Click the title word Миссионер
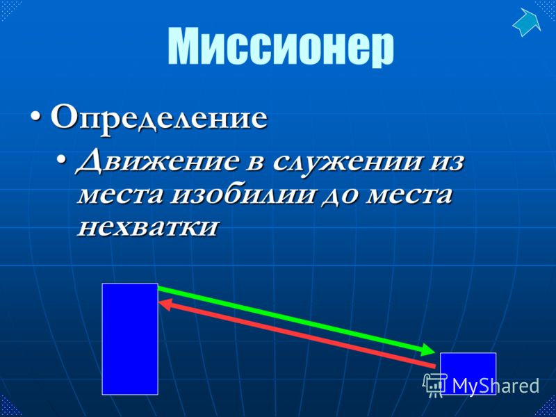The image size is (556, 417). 281,47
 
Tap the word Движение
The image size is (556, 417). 156,163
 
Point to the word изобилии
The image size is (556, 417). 243,195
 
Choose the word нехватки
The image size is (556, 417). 147,227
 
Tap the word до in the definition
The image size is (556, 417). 339,196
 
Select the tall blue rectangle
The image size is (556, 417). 130,338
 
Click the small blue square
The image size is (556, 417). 468,373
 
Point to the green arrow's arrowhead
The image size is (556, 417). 427,349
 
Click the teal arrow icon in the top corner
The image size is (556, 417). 527,22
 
